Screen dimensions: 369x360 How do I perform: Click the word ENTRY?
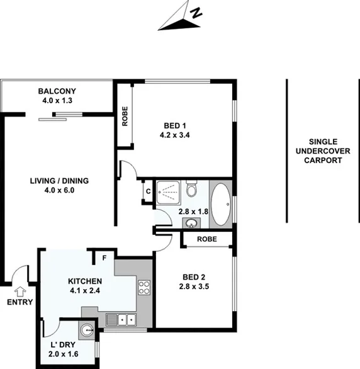20,303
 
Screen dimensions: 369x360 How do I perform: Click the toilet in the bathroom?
193,188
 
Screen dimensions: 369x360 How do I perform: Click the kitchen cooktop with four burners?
144,288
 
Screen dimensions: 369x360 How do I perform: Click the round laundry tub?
87,328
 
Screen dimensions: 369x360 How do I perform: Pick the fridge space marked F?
104,258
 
